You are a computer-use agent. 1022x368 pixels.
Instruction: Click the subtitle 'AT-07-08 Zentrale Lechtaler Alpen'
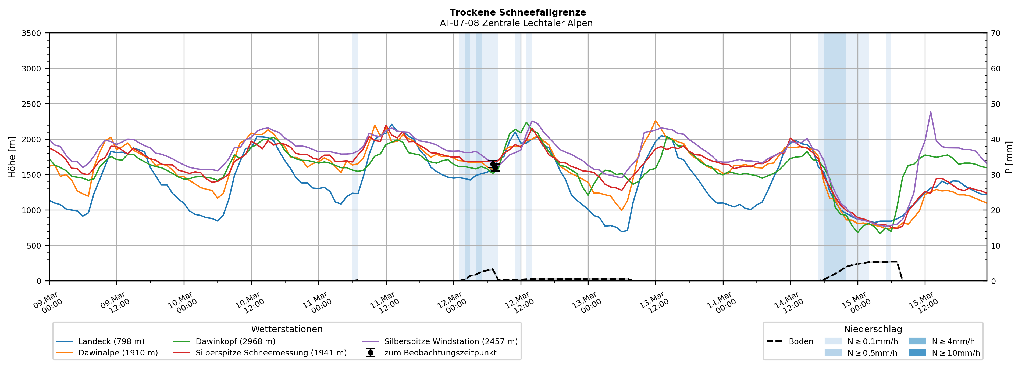tap(516, 23)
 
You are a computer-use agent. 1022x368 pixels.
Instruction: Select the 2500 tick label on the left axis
tap(31, 104)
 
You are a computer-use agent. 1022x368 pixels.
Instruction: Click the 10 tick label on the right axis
tap(995, 246)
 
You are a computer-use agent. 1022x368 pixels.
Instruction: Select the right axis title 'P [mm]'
tap(1009, 157)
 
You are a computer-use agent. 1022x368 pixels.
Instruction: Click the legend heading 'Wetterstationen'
tap(287, 329)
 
